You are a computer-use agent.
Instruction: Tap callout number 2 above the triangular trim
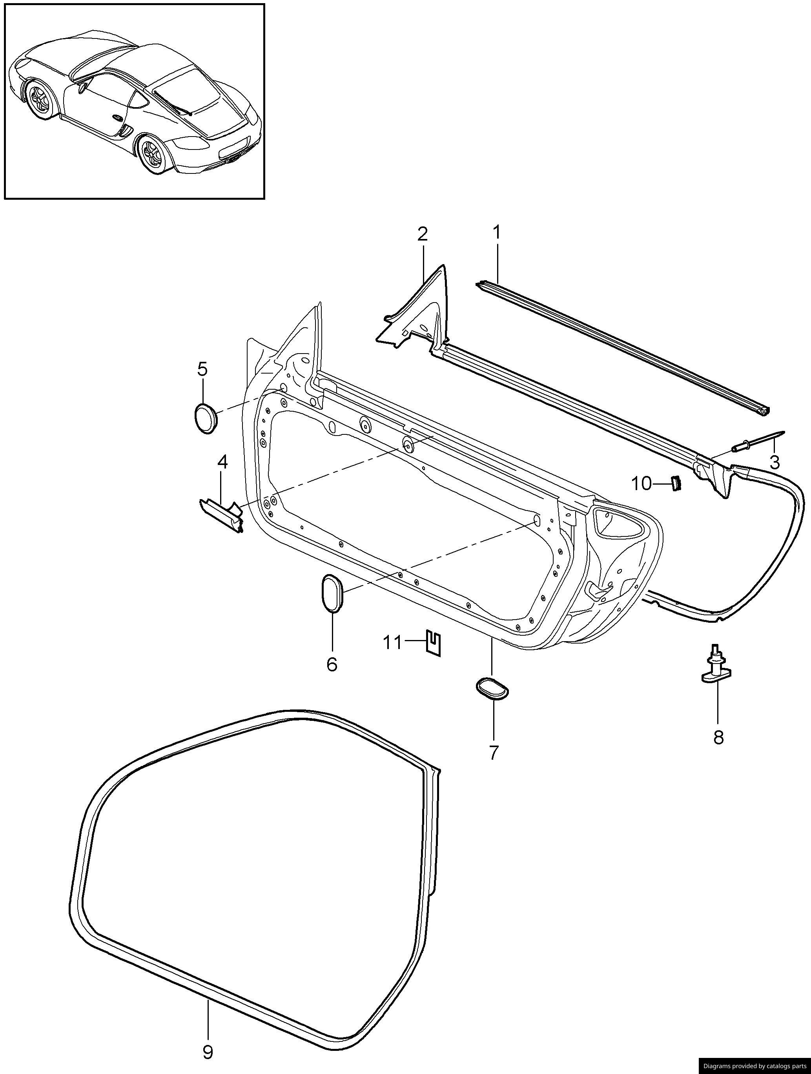[422, 235]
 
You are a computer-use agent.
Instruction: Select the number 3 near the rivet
[775, 462]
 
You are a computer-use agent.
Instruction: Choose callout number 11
[393, 643]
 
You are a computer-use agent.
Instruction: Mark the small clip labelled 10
[676, 483]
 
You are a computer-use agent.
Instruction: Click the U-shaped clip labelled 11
[434, 643]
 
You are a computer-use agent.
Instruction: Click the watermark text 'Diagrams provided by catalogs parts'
[754, 1066]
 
